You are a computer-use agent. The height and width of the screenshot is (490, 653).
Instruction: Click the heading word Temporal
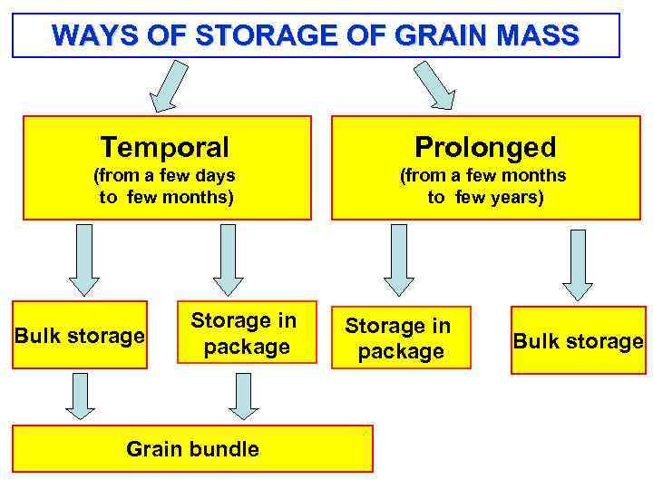point(165,146)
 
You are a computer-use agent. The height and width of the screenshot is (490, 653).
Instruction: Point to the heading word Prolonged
point(485,146)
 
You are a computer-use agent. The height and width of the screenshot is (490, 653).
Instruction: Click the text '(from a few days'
point(165,175)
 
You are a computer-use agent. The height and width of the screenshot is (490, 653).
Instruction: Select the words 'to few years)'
point(485,197)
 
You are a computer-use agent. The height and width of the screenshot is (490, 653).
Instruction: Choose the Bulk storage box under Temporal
point(81,336)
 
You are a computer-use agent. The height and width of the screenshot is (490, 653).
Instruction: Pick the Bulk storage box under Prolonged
point(578,341)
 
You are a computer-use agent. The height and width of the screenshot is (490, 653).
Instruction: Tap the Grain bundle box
point(192,449)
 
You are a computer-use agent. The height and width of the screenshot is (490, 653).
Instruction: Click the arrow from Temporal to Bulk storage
point(83,258)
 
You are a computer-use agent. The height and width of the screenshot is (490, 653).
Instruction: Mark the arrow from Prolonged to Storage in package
point(398,260)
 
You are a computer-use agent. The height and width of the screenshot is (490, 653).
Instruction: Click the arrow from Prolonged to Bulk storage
point(577,263)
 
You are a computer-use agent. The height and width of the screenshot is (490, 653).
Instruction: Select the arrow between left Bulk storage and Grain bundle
point(81,396)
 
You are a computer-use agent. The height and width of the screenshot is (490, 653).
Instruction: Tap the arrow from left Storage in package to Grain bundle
point(241,396)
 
